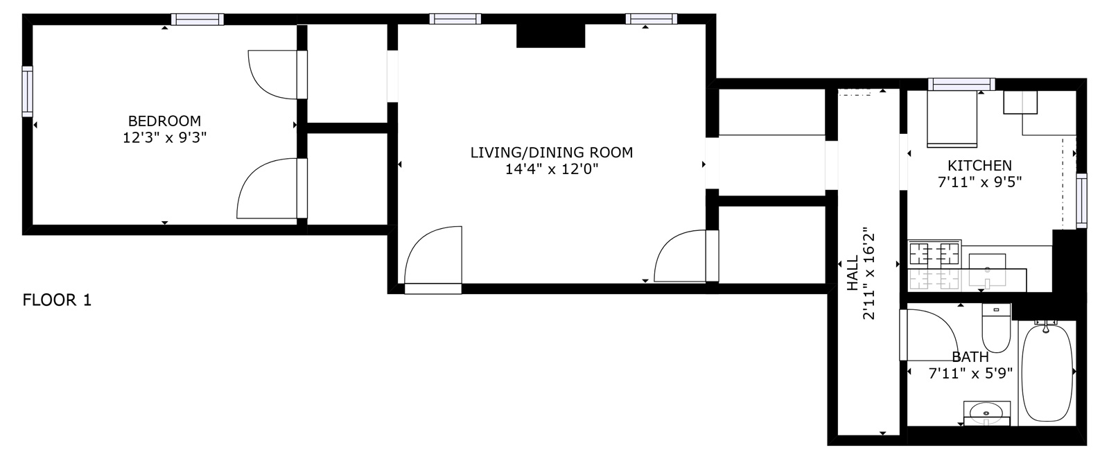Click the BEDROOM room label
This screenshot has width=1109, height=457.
pos(164,120)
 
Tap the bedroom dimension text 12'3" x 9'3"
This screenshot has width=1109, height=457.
pos(164,137)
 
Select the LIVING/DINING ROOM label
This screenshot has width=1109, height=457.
pos(551,153)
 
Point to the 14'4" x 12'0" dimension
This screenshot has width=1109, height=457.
pos(551,169)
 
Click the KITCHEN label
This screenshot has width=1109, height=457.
pos(979,166)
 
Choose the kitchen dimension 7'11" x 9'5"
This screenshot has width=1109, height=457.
pos(979,182)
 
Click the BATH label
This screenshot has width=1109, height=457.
pos(970,357)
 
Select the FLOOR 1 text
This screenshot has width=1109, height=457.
pos(57,300)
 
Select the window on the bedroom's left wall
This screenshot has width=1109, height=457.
pos(27,91)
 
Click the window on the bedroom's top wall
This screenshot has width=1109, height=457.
pos(198,19)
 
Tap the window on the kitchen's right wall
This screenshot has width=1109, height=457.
pos(1081,200)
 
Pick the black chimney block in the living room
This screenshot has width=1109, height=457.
pos(551,35)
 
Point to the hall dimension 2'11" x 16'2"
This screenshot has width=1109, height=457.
pos(869,275)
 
